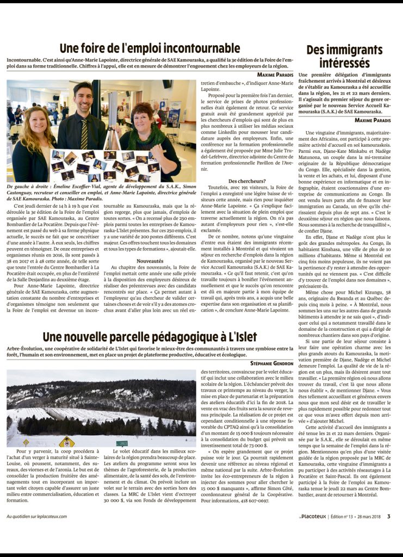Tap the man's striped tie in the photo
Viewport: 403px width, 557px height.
click(85, 134)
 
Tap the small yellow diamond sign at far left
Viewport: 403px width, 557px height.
click(26, 442)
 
